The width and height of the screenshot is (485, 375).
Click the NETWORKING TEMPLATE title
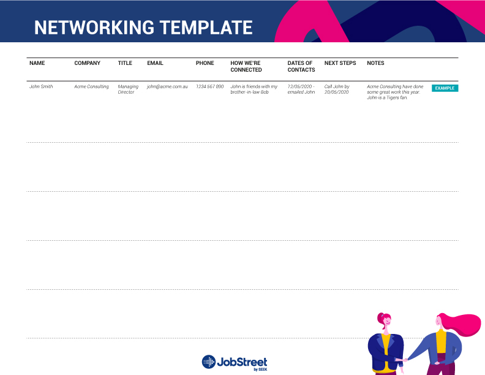click(143, 28)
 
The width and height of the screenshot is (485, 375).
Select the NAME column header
click(37, 63)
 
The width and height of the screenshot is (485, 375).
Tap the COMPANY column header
click(87, 63)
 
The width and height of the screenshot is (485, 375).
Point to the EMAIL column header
click(155, 63)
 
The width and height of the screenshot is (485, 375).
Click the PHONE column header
click(205, 63)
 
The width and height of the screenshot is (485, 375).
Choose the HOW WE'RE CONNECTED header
click(246, 66)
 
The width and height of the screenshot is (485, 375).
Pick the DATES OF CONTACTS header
click(301, 66)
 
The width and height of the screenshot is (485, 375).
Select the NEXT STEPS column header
click(340, 63)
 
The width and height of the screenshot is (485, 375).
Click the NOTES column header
click(375, 63)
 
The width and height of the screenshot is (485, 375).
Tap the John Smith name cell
click(41, 87)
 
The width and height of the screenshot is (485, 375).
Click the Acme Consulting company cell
click(91, 87)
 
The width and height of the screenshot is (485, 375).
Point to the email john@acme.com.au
click(167, 87)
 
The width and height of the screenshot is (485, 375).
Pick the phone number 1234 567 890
click(209, 87)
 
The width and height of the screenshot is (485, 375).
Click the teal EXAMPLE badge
click(445, 88)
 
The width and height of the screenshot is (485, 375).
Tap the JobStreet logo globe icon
click(209, 362)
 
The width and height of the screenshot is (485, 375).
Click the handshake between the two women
click(402, 360)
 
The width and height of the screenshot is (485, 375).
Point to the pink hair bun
click(381, 317)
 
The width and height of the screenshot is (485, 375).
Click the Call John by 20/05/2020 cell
click(337, 89)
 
